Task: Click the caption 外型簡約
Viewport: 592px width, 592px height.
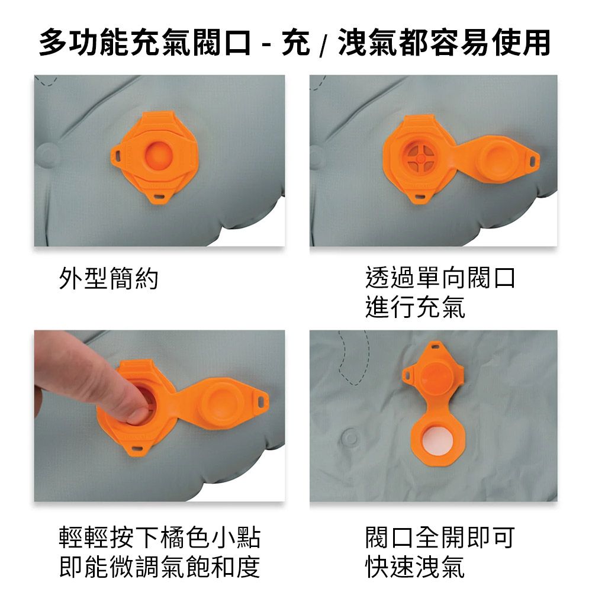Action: tap(108, 278)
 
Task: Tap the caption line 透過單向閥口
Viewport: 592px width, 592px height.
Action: tap(440, 278)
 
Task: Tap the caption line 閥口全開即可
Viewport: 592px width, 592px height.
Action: tap(440, 538)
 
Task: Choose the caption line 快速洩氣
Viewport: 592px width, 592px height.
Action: tap(415, 567)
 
